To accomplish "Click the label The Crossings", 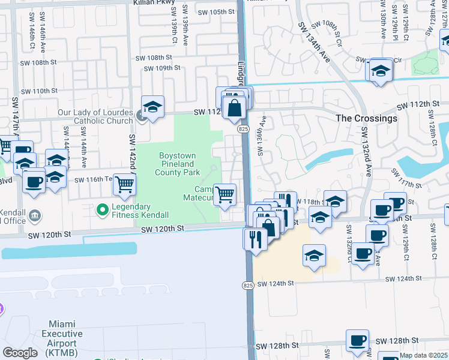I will click(366, 118).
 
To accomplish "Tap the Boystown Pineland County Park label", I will click(178, 164).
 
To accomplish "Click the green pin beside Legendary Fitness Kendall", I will click(103, 210).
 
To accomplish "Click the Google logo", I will click(20, 353).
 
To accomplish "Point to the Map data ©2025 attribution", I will click(424, 355).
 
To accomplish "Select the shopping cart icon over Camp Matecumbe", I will click(224, 194).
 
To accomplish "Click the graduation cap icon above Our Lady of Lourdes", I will click(153, 106).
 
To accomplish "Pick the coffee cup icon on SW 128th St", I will click(357, 340).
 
